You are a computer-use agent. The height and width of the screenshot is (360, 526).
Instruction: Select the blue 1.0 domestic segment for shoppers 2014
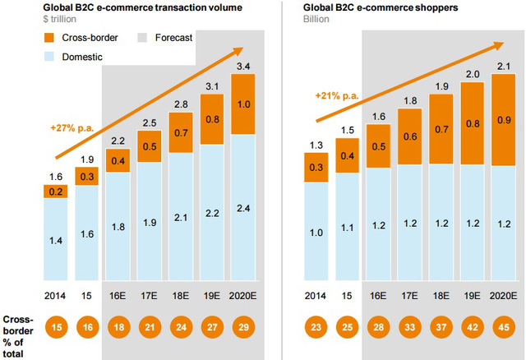point(316,233)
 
